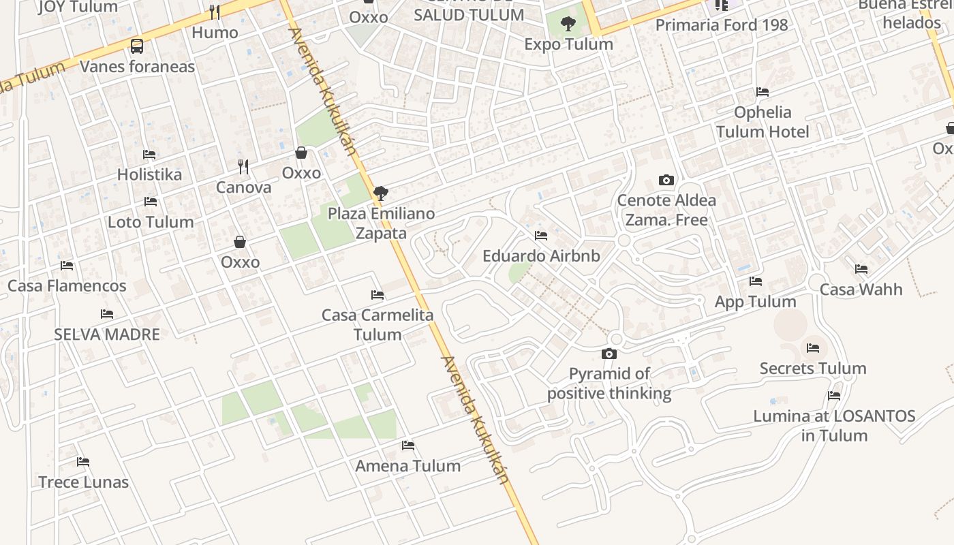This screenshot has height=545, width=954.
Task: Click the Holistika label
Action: tap(149, 174)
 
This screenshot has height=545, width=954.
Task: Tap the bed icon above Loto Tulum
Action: tap(151, 202)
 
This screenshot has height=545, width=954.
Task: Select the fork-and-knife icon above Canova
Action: tap(243, 166)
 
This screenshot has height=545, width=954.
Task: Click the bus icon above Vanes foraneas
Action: tap(137, 46)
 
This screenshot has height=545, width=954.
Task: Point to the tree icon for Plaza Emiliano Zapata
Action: tap(381, 193)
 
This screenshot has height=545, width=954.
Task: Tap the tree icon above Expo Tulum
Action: tap(568, 25)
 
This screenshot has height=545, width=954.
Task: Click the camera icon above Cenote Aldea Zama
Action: tap(666, 181)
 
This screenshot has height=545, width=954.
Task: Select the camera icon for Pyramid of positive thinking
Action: tap(609, 354)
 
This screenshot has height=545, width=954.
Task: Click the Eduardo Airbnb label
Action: tap(541, 256)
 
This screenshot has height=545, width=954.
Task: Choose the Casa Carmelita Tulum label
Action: tap(378, 325)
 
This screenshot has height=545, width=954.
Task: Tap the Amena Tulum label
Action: tap(408, 466)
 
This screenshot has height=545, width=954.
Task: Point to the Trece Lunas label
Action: tap(83, 482)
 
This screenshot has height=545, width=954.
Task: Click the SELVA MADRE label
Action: tap(107, 334)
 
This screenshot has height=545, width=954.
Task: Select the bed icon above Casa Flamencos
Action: tap(67, 266)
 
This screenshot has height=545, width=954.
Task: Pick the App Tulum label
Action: tap(755, 302)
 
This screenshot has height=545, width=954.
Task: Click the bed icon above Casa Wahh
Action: tap(861, 269)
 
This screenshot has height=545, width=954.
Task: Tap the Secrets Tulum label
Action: tap(813, 369)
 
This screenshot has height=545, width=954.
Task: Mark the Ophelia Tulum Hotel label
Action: tap(763, 122)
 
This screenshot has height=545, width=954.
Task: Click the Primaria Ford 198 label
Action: tap(722, 25)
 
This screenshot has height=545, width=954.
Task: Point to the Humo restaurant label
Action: tap(215, 33)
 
